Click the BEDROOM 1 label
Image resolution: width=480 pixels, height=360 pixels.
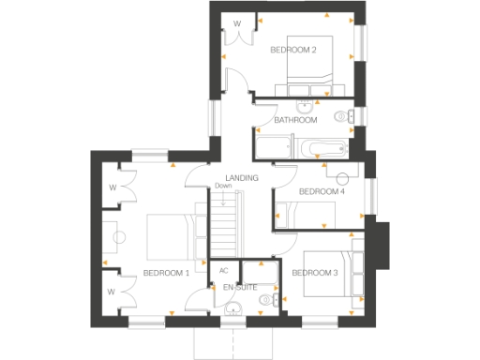point(166,273)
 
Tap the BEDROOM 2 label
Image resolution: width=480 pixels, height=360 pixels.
point(293,49)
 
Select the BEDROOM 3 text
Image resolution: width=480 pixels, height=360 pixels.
point(314,273)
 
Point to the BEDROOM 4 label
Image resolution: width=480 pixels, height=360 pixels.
point(322,191)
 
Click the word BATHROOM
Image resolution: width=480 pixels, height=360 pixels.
point(295,120)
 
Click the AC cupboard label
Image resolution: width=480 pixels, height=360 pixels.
point(223,271)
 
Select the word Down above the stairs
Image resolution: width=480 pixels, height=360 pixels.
point(222,186)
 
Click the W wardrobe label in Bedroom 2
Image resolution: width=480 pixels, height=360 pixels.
point(237,23)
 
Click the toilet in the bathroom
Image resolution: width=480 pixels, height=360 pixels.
point(348,116)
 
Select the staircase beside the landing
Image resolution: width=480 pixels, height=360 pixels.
point(224,225)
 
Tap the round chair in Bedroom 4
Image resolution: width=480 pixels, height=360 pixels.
point(342,177)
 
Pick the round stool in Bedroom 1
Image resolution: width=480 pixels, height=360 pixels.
point(118,236)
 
